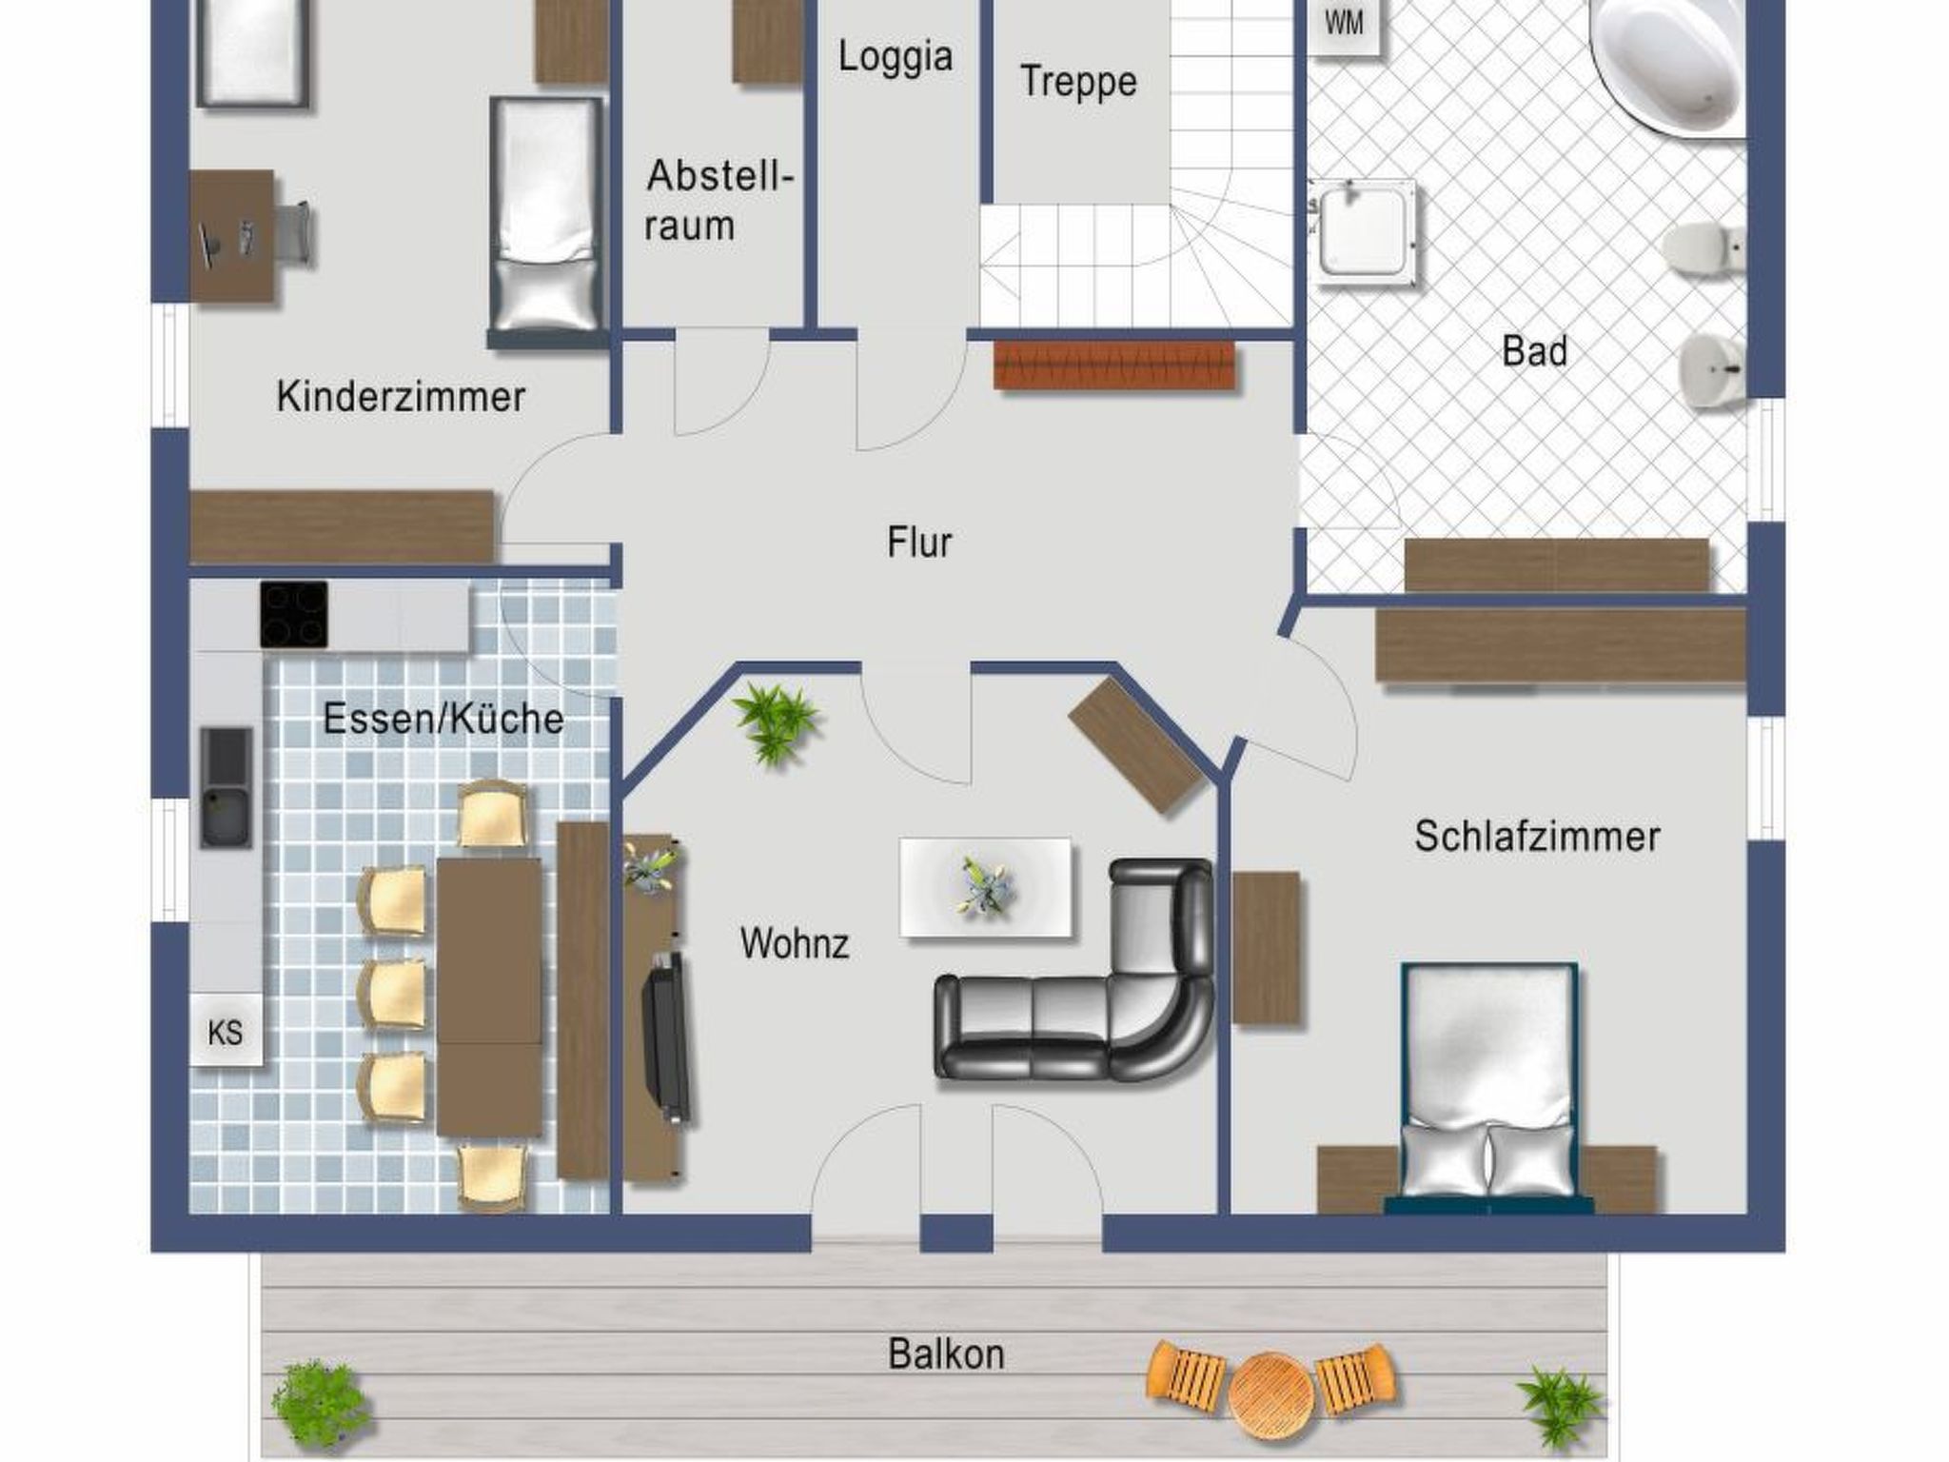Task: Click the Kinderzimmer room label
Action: pyautogui.click(x=401, y=396)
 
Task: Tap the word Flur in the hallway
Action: pyautogui.click(x=919, y=543)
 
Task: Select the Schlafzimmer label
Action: pyautogui.click(x=1537, y=837)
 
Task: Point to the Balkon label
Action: pyautogui.click(x=946, y=1353)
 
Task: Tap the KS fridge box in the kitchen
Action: pyautogui.click(x=226, y=1032)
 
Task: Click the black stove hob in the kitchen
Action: pyautogui.click(x=294, y=614)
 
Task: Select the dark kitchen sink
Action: pyautogui.click(x=226, y=787)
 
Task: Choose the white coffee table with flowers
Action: pyautogui.click(x=986, y=888)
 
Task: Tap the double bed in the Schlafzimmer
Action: pyautogui.click(x=1488, y=1085)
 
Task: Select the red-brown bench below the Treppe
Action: pyautogui.click(x=1114, y=365)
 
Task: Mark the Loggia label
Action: pyautogui.click(x=896, y=57)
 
